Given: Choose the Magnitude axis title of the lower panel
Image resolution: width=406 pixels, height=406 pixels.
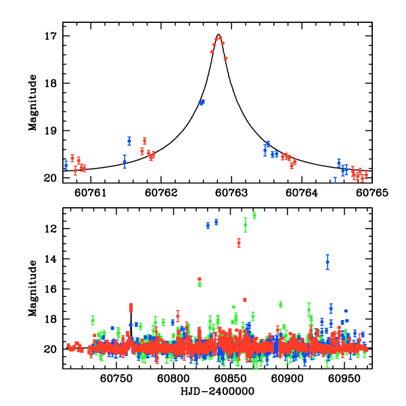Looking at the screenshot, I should [x=32, y=289].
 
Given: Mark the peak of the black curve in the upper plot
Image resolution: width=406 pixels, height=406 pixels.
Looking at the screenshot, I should [x=218, y=34].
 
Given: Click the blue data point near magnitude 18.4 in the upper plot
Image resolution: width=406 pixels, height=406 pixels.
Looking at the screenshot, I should [x=202, y=101].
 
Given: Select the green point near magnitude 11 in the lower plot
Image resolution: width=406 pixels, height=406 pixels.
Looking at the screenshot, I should [x=254, y=215].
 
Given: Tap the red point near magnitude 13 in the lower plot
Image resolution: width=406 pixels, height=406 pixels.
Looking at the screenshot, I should [x=239, y=242].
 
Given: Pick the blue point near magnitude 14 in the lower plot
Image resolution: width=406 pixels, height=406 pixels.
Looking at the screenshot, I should [x=328, y=262].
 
